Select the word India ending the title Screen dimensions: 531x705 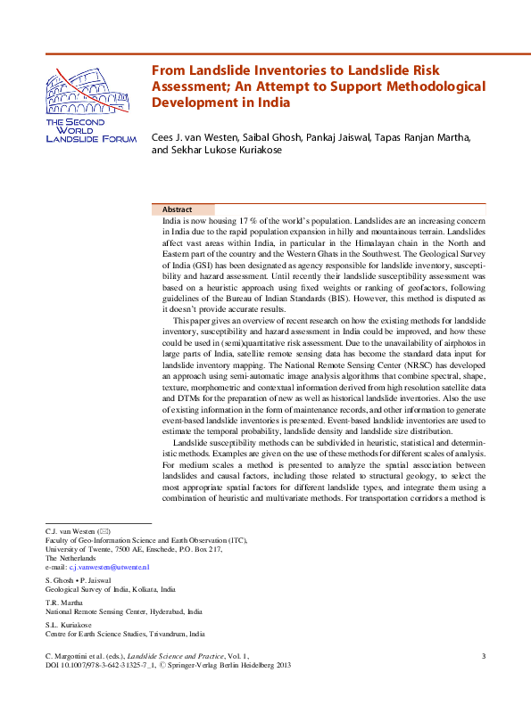(273, 102)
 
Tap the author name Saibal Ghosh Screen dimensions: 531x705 (272, 138)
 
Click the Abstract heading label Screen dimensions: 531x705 (177, 209)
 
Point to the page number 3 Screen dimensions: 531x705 (483, 656)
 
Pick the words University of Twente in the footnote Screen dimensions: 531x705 (76, 549)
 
